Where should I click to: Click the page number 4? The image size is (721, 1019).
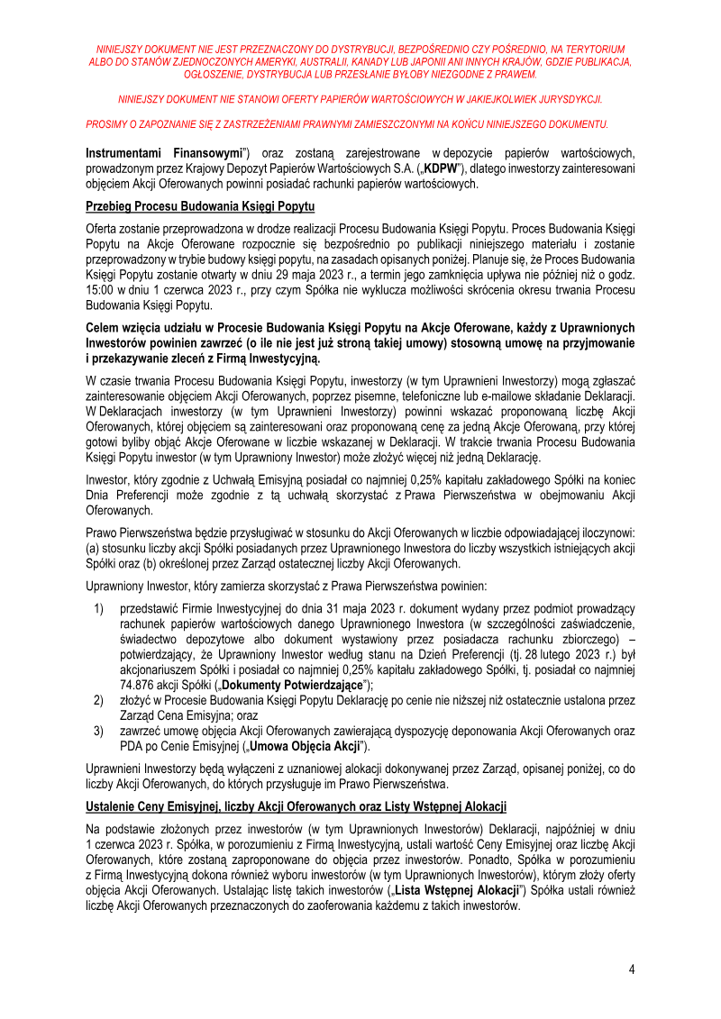(x=632, y=969)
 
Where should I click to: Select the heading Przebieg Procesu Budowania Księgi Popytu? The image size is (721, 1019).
(x=200, y=206)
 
